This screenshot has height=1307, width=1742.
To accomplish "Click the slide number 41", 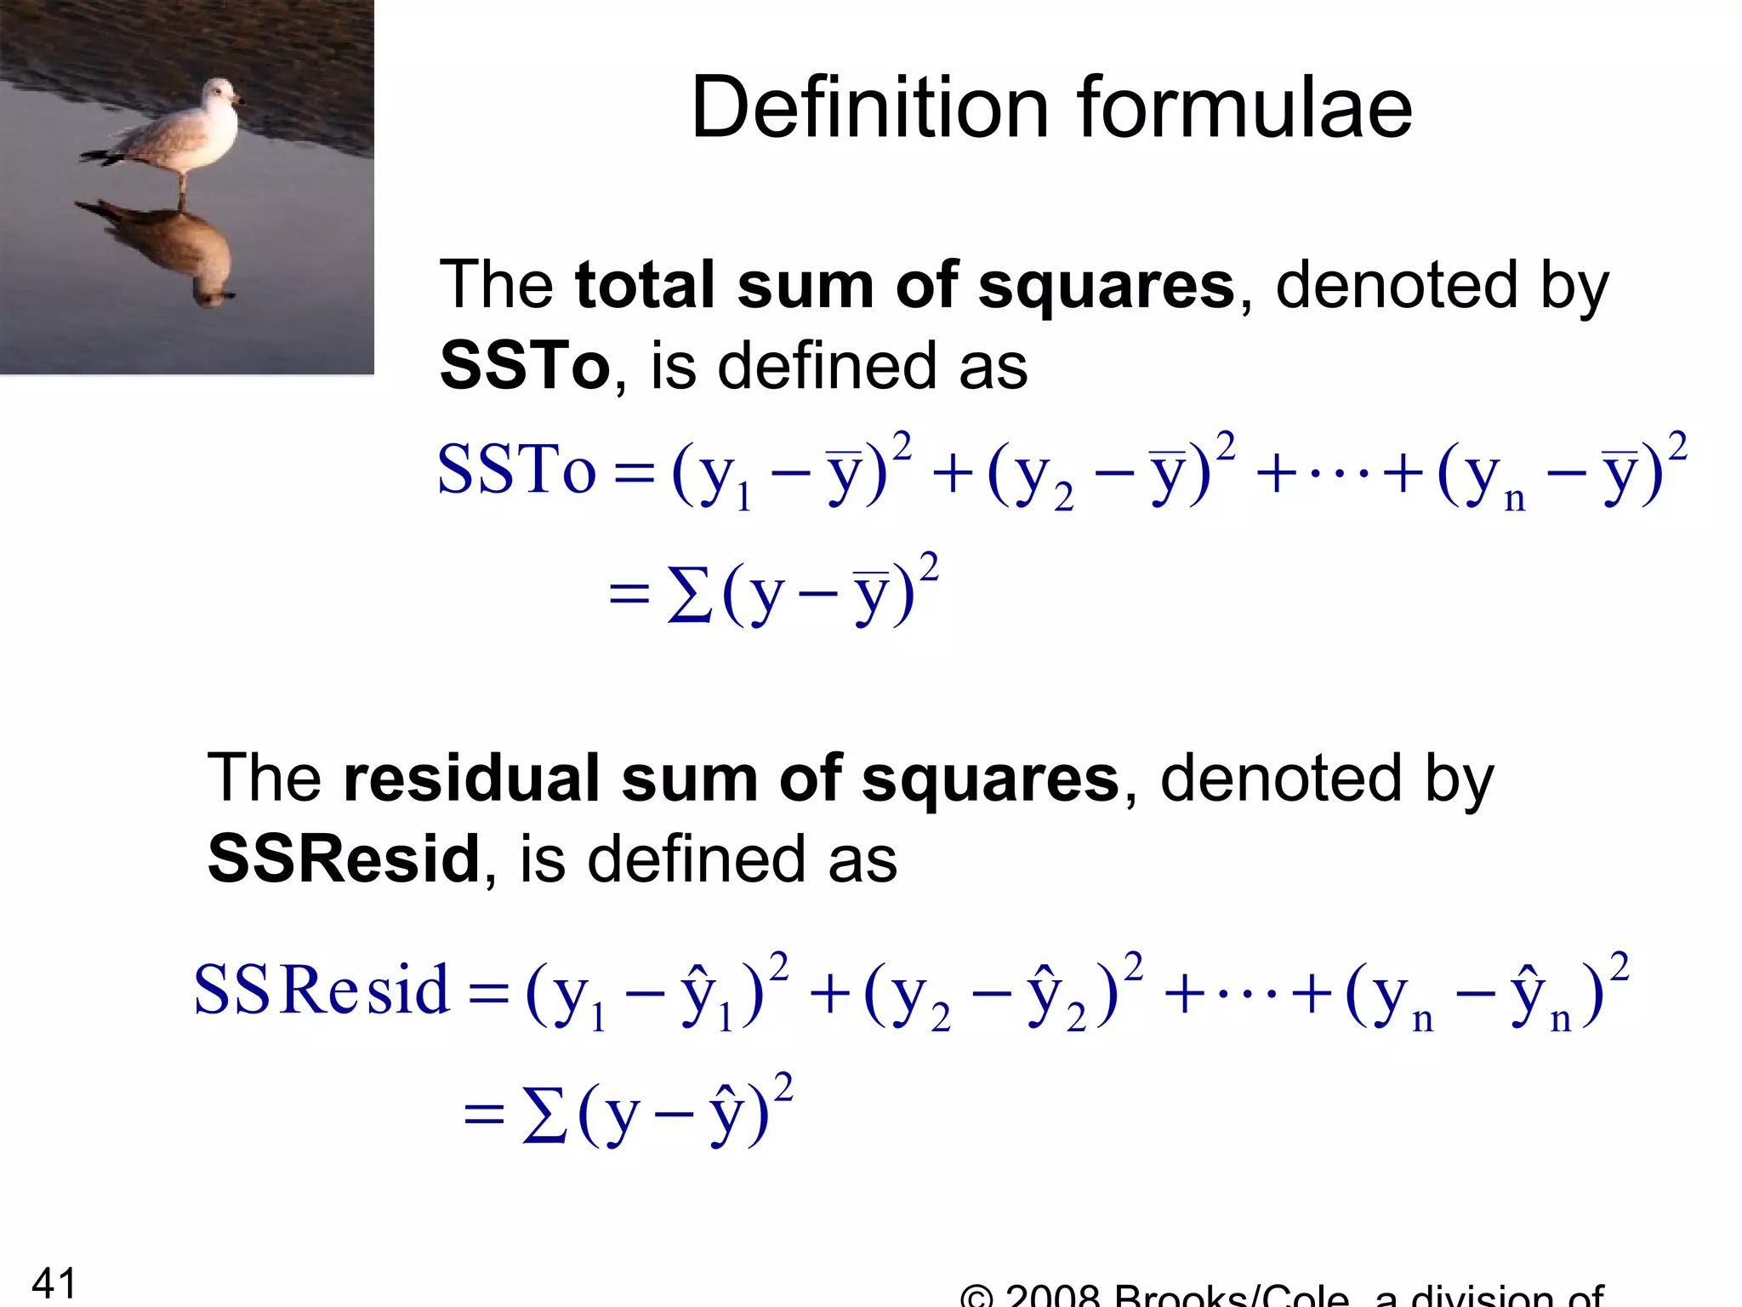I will (54, 1283).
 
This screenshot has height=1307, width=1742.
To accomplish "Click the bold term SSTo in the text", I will (524, 366).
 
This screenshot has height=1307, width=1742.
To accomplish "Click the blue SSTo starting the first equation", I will (516, 471).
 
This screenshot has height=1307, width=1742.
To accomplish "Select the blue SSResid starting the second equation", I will (321, 990).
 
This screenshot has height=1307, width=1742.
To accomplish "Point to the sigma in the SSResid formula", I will (544, 1116).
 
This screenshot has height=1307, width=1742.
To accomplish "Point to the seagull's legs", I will (182, 187).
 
